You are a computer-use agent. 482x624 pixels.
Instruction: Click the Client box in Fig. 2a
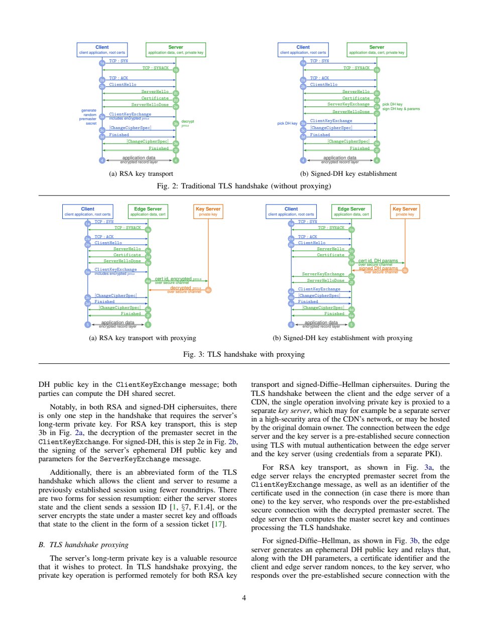[x=102, y=50]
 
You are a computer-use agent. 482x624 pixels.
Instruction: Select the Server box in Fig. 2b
[x=377, y=50]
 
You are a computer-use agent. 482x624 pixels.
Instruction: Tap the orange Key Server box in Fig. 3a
[x=208, y=211]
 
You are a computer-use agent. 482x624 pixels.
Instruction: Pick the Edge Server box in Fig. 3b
[x=351, y=211]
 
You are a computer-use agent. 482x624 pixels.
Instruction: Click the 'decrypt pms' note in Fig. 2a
[x=187, y=123]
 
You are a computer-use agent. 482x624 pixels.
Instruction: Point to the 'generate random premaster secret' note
[x=88, y=117]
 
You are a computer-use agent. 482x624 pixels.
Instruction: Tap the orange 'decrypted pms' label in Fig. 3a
[x=185, y=288]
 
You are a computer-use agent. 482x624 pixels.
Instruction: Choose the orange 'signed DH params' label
[x=378, y=268]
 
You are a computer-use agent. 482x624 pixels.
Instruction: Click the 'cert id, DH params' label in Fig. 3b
[x=378, y=261]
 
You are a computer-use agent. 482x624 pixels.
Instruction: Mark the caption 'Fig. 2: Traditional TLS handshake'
[x=244, y=186]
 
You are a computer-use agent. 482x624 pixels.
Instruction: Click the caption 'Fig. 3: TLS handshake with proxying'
[x=244, y=354]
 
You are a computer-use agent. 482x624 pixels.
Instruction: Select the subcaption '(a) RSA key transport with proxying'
[x=142, y=338]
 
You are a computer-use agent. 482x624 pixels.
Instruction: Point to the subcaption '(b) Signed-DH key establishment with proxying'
[x=342, y=338]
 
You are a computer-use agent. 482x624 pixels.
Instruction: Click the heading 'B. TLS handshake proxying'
[x=83, y=545]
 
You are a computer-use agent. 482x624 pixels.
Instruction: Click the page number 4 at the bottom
[x=244, y=597]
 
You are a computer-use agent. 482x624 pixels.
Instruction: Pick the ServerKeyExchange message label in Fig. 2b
[x=348, y=105]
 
